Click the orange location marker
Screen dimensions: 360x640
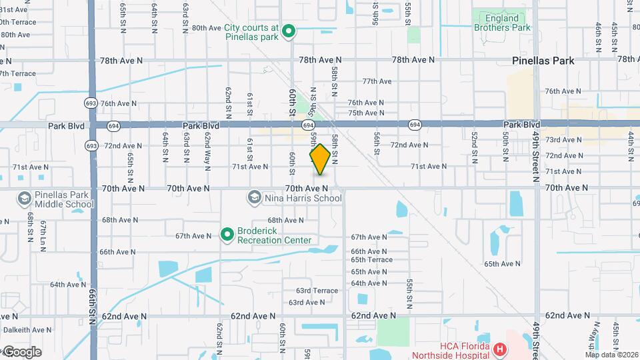[x=320, y=159]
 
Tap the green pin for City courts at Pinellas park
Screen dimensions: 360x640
[x=289, y=31]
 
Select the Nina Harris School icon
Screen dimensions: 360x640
[x=254, y=197]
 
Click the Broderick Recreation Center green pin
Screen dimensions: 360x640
[x=227, y=235]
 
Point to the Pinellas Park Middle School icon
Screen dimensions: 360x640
[x=25, y=199]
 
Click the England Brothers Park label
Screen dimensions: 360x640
[x=502, y=23]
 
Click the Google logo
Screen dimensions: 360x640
[x=21, y=352]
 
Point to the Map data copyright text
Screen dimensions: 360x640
[x=611, y=355]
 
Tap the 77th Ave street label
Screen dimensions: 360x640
[x=377, y=81]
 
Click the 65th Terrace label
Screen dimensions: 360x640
[x=372, y=260]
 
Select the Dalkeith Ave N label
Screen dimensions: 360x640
[x=27, y=329]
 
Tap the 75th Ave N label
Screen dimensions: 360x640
[x=366, y=113]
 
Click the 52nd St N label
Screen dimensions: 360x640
[x=475, y=147]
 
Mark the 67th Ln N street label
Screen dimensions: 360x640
[x=43, y=230]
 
